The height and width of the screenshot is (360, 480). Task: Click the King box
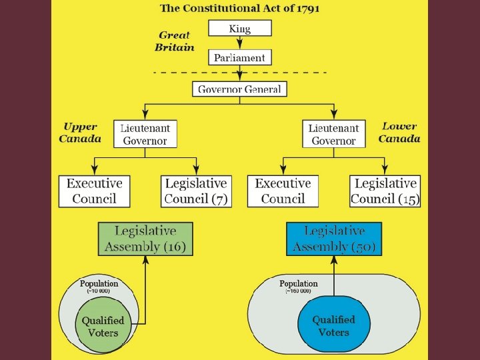click(x=240, y=28)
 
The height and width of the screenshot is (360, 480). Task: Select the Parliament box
click(x=240, y=57)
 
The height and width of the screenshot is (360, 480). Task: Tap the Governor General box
click(x=239, y=89)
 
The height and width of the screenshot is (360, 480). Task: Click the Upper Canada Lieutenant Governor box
click(x=145, y=133)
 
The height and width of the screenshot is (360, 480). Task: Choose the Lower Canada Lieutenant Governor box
click(x=333, y=133)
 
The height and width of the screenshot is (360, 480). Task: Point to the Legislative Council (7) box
click(x=196, y=191)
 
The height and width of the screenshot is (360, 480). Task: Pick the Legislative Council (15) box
click(x=385, y=191)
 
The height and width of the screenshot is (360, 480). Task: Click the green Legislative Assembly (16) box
click(x=145, y=239)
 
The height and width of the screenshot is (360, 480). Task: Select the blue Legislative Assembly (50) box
click(x=334, y=239)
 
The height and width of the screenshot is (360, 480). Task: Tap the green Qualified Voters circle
click(x=103, y=325)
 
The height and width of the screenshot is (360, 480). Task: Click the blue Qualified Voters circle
click(x=334, y=325)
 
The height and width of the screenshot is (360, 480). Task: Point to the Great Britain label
click(x=175, y=41)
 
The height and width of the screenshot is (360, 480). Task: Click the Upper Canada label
click(x=80, y=132)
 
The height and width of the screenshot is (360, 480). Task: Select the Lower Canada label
click(x=399, y=132)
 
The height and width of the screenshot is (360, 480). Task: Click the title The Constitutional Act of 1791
click(x=239, y=9)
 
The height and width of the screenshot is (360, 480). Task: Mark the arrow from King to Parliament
click(x=240, y=43)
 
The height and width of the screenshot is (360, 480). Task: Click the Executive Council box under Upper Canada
click(x=94, y=191)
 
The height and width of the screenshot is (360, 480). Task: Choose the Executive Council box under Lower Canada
click(x=283, y=191)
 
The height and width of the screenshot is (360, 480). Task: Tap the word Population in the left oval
click(x=99, y=283)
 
